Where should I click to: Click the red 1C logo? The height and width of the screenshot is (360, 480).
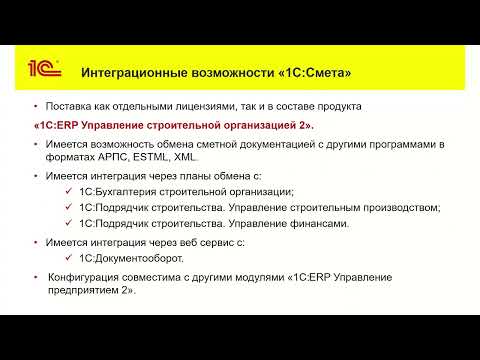coord(45,68)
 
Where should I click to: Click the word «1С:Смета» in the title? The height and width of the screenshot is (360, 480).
coord(314,72)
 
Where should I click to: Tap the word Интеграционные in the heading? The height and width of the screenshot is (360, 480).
coord(134,73)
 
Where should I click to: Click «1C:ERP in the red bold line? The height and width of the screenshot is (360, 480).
coord(56,125)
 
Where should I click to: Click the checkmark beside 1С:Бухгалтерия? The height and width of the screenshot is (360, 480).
coord(69,191)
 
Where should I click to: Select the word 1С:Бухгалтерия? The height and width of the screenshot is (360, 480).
coord(118,192)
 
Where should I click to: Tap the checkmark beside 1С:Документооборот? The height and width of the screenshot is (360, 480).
coord(69,258)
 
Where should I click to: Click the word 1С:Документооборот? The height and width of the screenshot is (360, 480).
coord(131,258)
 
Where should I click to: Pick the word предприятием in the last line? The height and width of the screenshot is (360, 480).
coord(83,290)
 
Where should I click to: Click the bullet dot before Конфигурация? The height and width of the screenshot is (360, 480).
coord(36,277)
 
